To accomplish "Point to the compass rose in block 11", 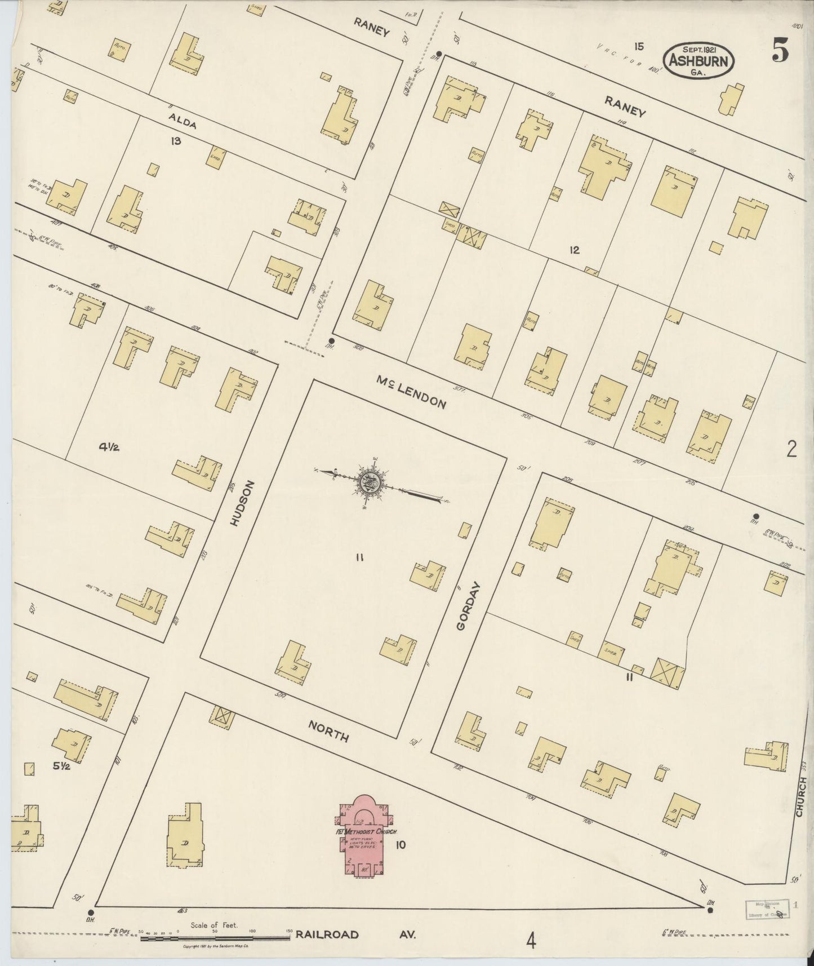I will (x=370, y=484).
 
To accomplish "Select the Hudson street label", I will (x=243, y=504).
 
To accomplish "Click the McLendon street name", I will (x=411, y=393).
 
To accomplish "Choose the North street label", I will (x=328, y=730).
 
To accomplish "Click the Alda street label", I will (x=182, y=120).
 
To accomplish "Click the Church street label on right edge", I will (x=802, y=796).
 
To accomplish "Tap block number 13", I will (x=176, y=141).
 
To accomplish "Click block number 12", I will (x=574, y=250).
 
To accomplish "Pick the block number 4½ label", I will (x=111, y=447).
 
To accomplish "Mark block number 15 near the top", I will (x=638, y=46).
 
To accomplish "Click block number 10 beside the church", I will (x=401, y=844).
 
